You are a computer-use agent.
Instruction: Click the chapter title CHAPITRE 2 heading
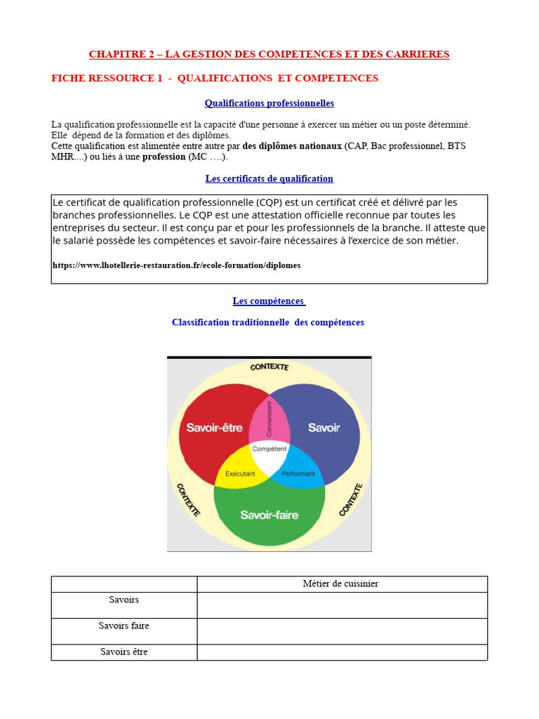(269, 54)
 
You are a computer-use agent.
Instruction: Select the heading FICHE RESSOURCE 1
(215, 78)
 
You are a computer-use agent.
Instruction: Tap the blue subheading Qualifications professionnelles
(269, 103)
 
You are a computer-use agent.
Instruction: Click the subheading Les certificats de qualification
(269, 179)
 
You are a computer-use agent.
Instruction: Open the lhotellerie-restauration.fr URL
(176, 265)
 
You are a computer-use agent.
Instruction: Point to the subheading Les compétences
(269, 301)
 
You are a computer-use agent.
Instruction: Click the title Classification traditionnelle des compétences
(268, 322)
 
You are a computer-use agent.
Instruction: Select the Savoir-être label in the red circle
(214, 427)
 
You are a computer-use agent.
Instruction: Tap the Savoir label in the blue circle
(324, 427)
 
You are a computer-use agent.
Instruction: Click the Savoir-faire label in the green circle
(269, 515)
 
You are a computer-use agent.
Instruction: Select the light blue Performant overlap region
(299, 473)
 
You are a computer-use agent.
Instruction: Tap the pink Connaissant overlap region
(269, 419)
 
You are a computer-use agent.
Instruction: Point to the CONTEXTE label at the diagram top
(269, 367)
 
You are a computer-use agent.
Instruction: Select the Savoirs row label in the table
(124, 600)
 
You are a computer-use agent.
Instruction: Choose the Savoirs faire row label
(124, 626)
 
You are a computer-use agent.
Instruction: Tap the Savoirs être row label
(124, 652)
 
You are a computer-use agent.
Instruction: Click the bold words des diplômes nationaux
(292, 146)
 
